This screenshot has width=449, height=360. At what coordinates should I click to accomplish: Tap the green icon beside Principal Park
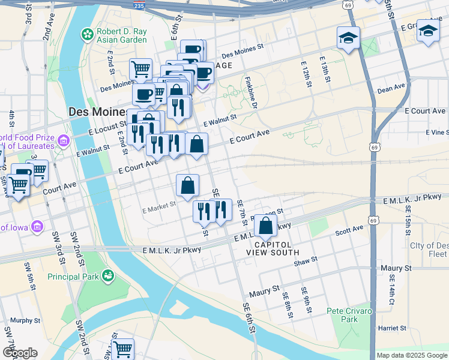click(x=108, y=276)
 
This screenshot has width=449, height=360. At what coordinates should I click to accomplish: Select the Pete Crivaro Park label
click(x=351, y=315)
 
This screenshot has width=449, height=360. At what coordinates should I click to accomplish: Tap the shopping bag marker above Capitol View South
click(x=265, y=227)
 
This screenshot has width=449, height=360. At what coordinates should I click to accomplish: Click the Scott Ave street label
click(x=349, y=230)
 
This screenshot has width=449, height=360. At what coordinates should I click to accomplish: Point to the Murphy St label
click(x=25, y=320)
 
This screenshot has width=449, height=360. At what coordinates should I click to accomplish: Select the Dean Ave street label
click(x=391, y=89)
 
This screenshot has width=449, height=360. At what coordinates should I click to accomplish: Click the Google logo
click(x=20, y=353)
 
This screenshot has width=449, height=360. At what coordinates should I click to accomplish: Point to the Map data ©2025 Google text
click(x=411, y=355)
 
